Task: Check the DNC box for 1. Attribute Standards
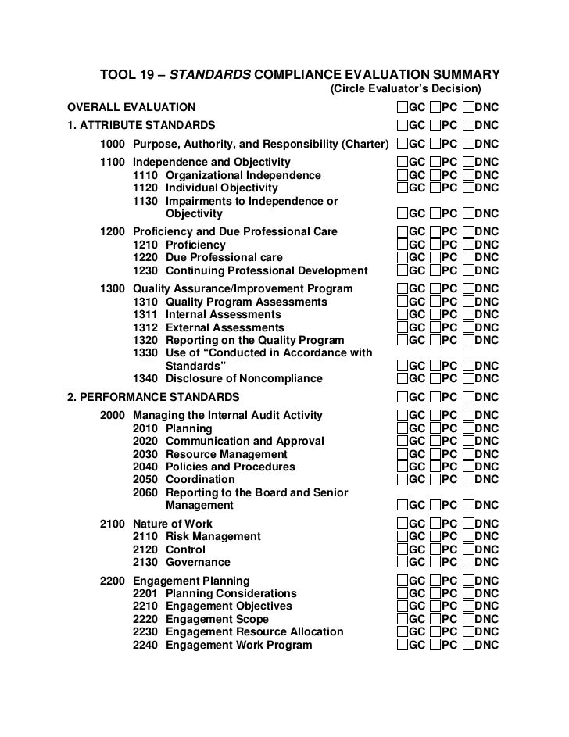click(468, 125)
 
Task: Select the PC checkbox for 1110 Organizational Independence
click(435, 176)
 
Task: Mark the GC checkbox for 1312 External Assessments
click(402, 327)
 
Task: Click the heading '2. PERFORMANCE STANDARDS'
click(153, 397)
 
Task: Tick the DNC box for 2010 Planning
click(468, 429)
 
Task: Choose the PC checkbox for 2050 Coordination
click(435, 479)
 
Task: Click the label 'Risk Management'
click(213, 537)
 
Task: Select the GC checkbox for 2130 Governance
click(402, 562)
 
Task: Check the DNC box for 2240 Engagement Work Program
click(468, 645)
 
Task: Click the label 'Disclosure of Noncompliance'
click(244, 379)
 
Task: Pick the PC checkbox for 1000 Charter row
click(435, 144)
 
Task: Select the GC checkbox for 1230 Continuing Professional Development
click(402, 270)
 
